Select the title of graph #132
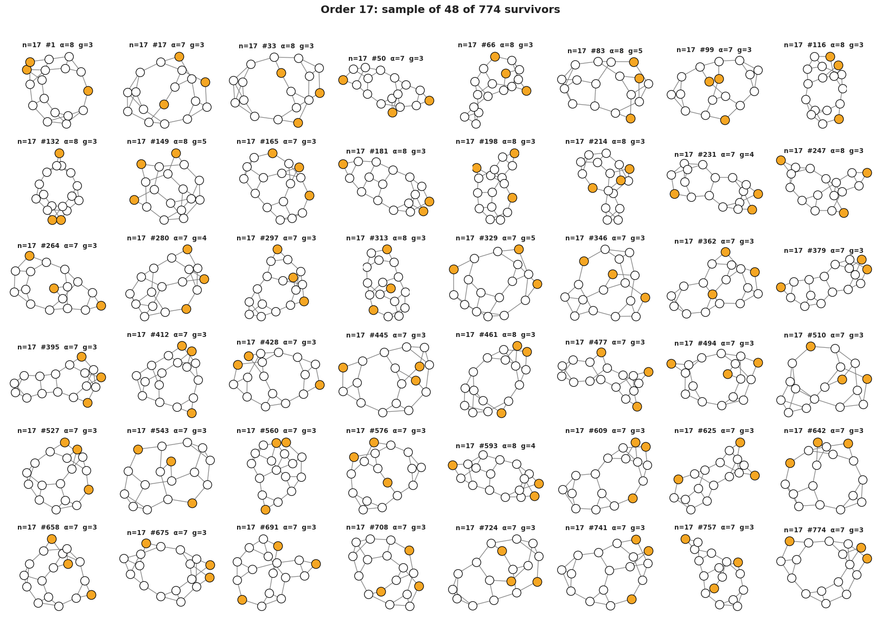(x=57, y=142)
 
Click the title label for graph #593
(x=496, y=446)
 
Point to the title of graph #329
(x=496, y=238)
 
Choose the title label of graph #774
(x=823, y=530)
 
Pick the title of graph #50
(x=386, y=59)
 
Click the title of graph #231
(x=714, y=155)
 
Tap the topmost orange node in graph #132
(x=59, y=153)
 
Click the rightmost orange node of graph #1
(x=88, y=91)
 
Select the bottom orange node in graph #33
(x=298, y=123)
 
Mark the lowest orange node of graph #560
(x=265, y=509)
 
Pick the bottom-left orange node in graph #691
(x=242, y=600)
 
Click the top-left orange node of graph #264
(x=29, y=256)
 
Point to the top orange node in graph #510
(x=810, y=346)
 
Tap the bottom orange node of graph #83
(x=630, y=118)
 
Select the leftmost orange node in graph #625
(x=678, y=479)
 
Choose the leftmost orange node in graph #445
(x=343, y=367)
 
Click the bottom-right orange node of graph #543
(x=192, y=503)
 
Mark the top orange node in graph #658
(x=52, y=539)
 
